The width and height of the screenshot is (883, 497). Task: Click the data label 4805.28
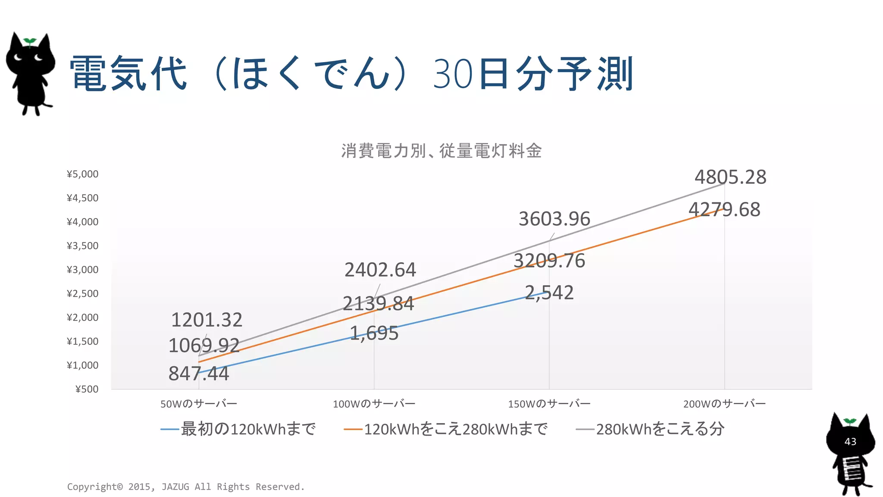(x=730, y=177)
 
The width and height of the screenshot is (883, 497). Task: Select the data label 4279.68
(x=724, y=210)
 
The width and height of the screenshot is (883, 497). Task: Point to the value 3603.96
(x=554, y=219)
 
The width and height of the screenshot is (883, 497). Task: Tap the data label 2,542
(x=549, y=293)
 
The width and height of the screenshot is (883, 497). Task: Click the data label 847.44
(x=198, y=374)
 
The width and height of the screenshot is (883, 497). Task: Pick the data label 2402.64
(x=380, y=270)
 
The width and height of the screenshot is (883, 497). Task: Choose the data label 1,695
(x=374, y=333)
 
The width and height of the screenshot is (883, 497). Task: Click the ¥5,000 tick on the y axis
(x=83, y=174)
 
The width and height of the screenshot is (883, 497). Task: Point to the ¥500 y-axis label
(x=87, y=389)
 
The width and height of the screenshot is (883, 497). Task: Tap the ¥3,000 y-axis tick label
(x=83, y=270)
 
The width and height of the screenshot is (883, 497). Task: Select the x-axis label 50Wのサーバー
(x=199, y=404)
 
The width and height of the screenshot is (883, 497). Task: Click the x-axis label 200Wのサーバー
(x=724, y=404)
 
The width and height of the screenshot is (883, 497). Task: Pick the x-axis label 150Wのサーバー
(x=549, y=404)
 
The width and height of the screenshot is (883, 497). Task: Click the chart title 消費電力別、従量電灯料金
(x=441, y=151)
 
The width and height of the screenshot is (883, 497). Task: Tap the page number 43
(x=850, y=442)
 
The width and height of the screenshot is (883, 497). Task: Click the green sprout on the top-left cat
(x=30, y=41)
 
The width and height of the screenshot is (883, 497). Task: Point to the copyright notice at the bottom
(x=186, y=487)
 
